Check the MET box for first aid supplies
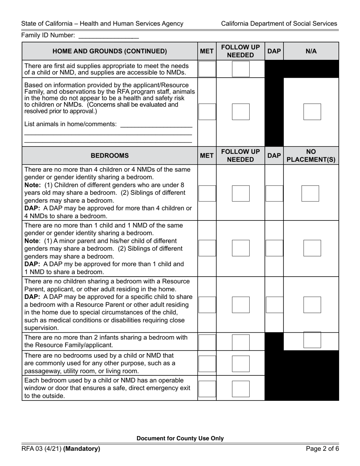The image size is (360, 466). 207,69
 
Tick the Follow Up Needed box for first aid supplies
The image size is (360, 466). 241,69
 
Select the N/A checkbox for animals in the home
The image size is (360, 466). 312,112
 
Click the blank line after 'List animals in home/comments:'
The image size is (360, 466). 156,124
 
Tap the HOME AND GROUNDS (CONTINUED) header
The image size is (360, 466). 110,51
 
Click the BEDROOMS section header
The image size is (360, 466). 110,155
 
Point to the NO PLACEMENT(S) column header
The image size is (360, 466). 311,155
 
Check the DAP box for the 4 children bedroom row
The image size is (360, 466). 274,193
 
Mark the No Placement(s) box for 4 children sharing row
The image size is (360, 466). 310,193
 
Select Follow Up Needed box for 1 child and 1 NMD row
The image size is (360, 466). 241,248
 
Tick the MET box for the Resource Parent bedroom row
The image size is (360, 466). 207,305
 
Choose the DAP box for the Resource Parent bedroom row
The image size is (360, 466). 274,305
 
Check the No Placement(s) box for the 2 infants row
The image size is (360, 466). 312,340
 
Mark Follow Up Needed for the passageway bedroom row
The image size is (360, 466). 241,364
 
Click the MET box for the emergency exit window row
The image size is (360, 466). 207,389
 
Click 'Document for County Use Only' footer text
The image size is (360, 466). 180,438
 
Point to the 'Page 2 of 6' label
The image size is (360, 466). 322,449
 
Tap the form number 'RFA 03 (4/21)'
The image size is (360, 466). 41,449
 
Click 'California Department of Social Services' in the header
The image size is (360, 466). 279,23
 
